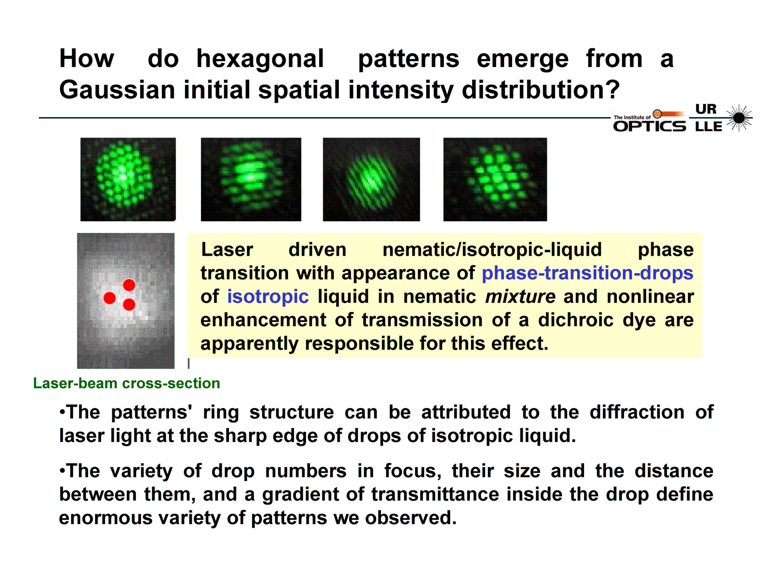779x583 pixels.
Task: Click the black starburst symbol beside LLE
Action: [x=739, y=118]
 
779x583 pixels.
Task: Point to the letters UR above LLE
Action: [x=706, y=109]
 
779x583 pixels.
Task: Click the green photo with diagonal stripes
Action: [x=371, y=180]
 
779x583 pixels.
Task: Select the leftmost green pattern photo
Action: [x=128, y=180]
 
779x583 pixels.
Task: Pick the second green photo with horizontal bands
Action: [x=251, y=180]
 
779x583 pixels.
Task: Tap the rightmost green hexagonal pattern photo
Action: [x=495, y=180]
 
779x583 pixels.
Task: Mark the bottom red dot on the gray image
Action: [x=129, y=304]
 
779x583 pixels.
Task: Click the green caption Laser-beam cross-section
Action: [x=126, y=383]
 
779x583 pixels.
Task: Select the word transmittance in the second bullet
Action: [x=435, y=494]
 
